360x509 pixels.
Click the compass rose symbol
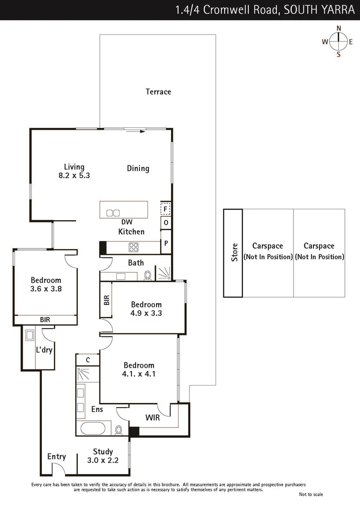[338, 41]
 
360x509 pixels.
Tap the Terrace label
[158, 92]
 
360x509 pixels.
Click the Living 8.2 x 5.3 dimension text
[74, 171]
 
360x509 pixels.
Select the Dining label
[138, 168]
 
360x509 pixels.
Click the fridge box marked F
[165, 208]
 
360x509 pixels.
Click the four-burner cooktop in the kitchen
[134, 247]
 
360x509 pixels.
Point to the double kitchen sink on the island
[113, 213]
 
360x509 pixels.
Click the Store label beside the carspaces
[234, 253]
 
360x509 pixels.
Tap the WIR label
[152, 417]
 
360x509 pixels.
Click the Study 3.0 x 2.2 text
[103, 456]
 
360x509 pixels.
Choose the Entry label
[57, 457]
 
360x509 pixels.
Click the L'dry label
[44, 350]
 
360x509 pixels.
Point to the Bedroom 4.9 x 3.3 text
[146, 308]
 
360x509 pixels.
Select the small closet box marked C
[88, 360]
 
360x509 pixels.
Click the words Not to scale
[311, 494]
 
